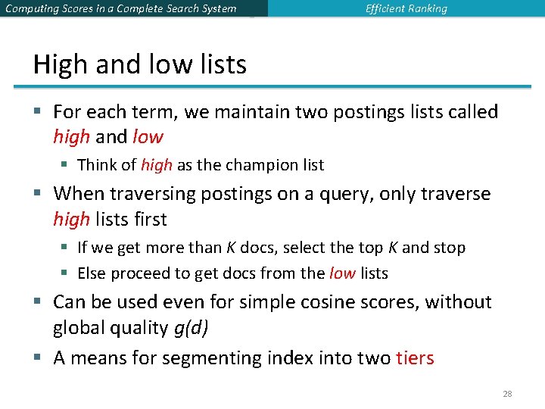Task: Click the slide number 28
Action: coord(508,394)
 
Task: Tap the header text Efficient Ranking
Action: coord(406,9)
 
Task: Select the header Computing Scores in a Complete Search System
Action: coord(120,9)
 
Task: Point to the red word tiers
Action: coord(415,357)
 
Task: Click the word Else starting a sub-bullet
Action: coord(92,273)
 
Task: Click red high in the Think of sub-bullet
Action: coord(156,165)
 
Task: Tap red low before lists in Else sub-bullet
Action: coord(342,273)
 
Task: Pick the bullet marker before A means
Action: coord(37,357)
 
